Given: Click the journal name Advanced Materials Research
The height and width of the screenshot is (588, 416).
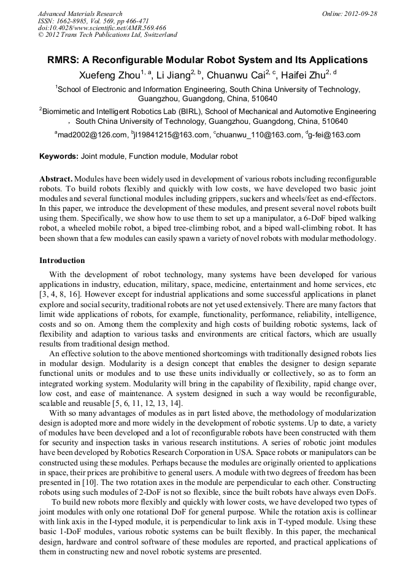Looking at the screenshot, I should [x=80, y=13].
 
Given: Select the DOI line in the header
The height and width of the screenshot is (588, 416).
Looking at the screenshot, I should [x=102, y=28].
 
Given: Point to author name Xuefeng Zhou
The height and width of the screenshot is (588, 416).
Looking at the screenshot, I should [x=101, y=75].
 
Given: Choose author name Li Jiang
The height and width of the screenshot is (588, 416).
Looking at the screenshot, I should [x=169, y=75].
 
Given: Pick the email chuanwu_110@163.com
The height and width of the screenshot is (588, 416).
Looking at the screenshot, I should [x=256, y=134].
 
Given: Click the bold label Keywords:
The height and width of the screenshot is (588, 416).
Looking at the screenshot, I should [x=61, y=156].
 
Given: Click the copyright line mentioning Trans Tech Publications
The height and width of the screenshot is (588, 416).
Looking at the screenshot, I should [x=107, y=35].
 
